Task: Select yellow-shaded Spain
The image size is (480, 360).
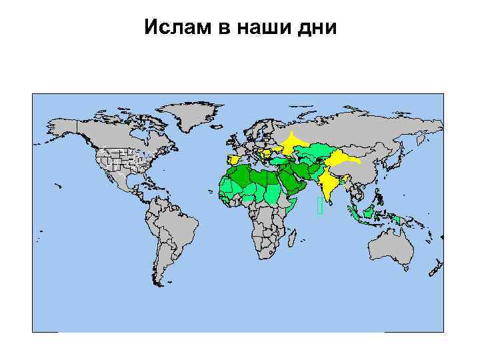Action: click(x=234, y=161)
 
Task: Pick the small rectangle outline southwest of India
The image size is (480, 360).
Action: click(x=321, y=206)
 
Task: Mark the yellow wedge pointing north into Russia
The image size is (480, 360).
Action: click(x=291, y=143)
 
